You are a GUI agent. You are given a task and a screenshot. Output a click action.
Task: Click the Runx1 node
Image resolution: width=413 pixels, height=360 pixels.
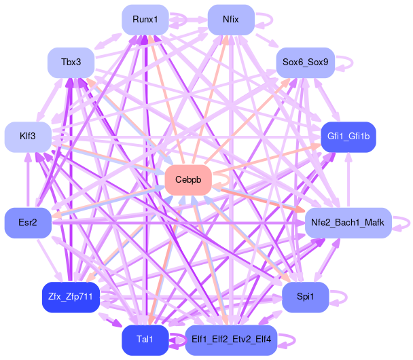[145, 19]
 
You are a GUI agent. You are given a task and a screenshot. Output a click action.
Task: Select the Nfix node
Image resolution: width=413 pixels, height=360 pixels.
[231, 19]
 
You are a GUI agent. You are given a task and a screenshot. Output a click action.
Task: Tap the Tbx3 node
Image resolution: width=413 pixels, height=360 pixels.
[71, 62]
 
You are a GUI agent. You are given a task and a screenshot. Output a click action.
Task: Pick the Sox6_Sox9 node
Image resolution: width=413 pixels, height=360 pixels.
[305, 62]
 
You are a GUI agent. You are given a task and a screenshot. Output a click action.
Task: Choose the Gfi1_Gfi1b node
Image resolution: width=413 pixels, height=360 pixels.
[348, 137]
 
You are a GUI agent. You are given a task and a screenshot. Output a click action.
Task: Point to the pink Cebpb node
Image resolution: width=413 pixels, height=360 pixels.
[188, 180]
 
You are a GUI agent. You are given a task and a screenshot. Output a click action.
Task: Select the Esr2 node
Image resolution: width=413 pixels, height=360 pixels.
[28, 223]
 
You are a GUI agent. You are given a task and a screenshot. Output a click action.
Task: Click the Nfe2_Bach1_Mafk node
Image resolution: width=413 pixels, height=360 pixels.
[348, 223]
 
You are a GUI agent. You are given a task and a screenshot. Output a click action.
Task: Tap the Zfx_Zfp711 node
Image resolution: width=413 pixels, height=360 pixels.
[71, 297]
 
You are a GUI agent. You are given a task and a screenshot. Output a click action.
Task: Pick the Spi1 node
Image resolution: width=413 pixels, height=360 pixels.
[305, 297]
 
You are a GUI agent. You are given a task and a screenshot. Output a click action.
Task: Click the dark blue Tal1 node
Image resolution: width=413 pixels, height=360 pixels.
[145, 340]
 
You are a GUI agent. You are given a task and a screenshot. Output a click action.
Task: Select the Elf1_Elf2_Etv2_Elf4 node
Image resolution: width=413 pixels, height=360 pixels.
[231, 340]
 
